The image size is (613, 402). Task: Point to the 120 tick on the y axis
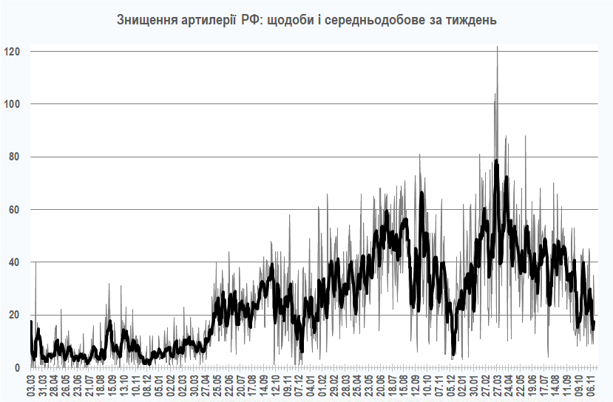pyautogui.click(x=13, y=51)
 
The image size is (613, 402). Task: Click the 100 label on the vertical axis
pyautogui.click(x=13, y=103)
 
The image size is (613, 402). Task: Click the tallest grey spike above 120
pyautogui.click(x=497, y=47)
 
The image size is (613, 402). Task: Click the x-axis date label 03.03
pyautogui.click(x=32, y=386)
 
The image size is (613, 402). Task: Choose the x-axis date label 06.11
pyautogui.click(x=592, y=386)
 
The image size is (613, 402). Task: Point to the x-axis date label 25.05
pyautogui.click(x=217, y=386)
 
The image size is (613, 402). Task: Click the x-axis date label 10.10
pyautogui.click(x=428, y=386)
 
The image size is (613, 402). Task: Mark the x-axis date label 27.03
pyautogui.click(x=497, y=386)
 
